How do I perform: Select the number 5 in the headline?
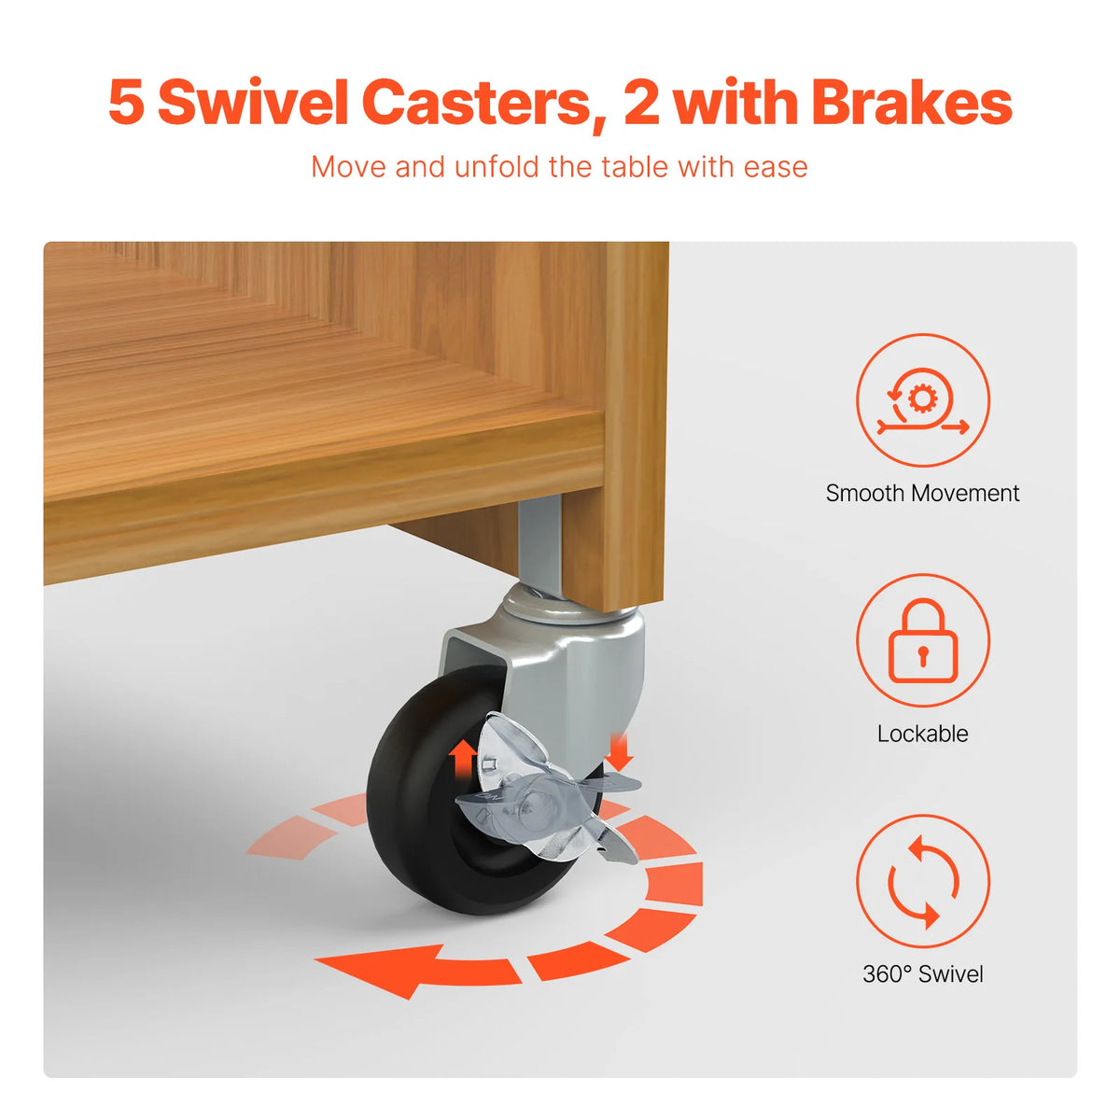click(x=126, y=104)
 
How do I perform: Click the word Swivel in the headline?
click(x=253, y=103)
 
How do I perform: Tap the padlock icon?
click(x=922, y=640)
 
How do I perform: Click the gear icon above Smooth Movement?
click(x=920, y=399)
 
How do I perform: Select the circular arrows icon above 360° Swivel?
click(x=922, y=881)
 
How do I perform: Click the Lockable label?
click(x=922, y=734)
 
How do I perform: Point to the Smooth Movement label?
click(x=922, y=493)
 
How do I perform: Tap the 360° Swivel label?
click(x=922, y=974)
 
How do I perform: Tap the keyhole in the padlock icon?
click(x=922, y=652)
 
